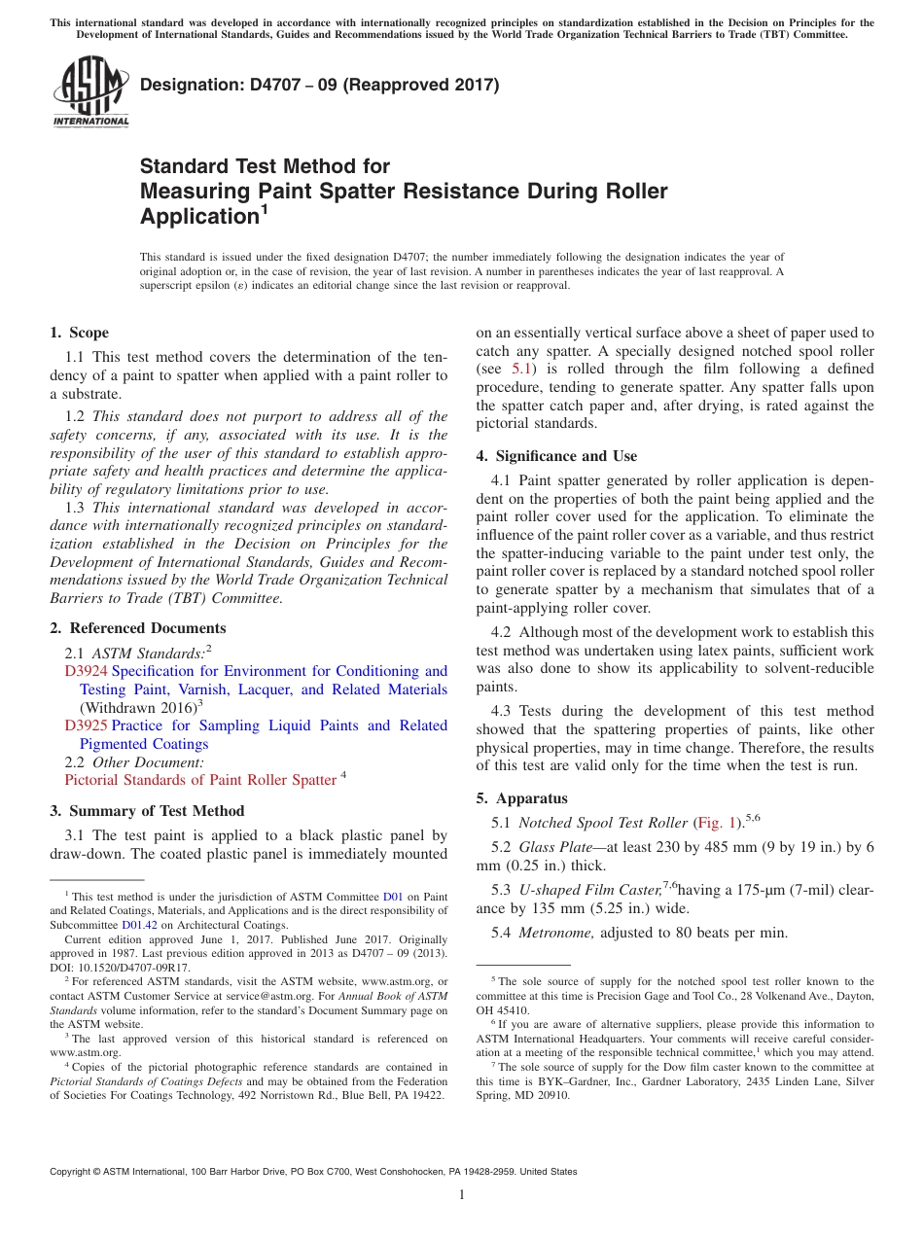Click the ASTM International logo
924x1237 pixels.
89,93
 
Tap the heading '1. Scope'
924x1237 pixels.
80,333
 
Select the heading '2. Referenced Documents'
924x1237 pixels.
137,628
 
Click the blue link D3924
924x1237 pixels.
86,671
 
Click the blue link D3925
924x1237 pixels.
86,725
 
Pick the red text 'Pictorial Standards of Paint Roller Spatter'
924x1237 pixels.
199,780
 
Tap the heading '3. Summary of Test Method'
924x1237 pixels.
147,811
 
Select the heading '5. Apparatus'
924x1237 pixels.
521,798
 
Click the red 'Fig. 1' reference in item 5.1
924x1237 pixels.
718,823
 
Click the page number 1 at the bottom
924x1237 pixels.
462,1195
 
